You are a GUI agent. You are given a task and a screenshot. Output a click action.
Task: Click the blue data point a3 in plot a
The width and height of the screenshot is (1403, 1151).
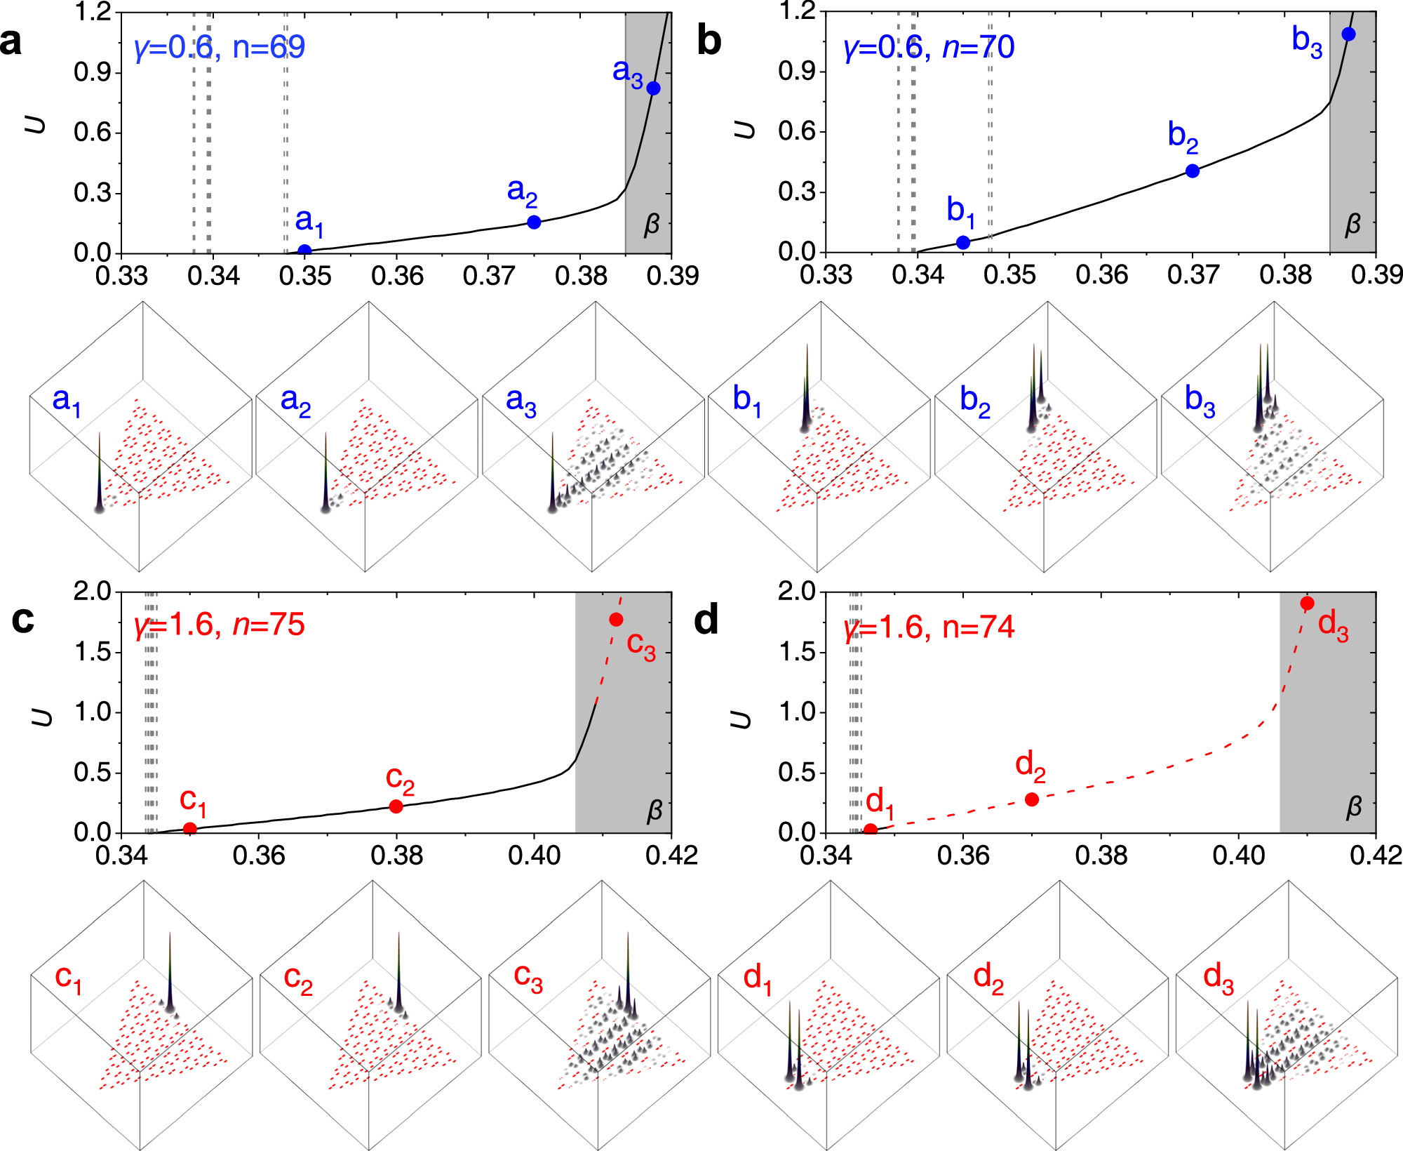pos(653,88)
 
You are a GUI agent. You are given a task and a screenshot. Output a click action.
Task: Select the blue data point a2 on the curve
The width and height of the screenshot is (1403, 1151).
pos(534,222)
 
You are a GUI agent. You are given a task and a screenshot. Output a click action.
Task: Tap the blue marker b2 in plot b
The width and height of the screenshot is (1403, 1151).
pos(1193,171)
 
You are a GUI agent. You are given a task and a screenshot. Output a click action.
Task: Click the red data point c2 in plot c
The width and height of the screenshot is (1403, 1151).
pos(396,806)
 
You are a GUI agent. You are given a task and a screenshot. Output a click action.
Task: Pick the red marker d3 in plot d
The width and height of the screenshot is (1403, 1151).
pos(1307,604)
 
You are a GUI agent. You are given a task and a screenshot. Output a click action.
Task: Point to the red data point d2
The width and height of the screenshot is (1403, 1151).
pos(1032,799)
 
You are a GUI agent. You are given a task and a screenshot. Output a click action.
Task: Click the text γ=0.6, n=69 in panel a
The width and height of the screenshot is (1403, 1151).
pos(220,48)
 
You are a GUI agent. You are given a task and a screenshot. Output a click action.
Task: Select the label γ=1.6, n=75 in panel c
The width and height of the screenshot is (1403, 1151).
pos(220,625)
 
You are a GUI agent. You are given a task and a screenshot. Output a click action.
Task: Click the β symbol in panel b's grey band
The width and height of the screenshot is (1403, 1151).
pos(1352,225)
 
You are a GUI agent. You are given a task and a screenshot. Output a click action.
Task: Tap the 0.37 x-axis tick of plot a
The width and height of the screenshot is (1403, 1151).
pos(489,276)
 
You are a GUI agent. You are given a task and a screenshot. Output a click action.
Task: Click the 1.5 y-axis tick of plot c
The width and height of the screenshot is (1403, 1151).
pos(93,652)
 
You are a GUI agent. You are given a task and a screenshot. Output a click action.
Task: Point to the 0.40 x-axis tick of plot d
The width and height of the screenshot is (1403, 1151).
pos(1239,856)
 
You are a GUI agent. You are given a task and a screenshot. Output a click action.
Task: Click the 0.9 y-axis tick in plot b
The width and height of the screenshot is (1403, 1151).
pos(797,72)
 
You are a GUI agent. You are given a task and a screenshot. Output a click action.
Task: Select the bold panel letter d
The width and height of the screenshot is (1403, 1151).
pos(706,620)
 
